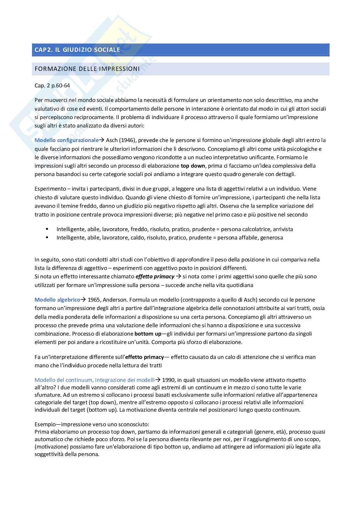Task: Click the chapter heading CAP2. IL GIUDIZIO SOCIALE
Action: pyautogui.click(x=77, y=50)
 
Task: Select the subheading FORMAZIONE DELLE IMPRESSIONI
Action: pyautogui.click(x=87, y=69)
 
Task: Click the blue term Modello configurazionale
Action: pyautogui.click(x=66, y=140)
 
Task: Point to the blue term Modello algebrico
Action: pyautogui.click(x=57, y=300)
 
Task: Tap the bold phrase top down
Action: pyautogui.click(x=193, y=166)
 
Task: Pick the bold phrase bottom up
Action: pyautogui.click(x=148, y=333)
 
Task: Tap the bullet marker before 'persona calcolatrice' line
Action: pyautogui.click(x=47, y=229)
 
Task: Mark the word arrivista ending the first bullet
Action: pyautogui.click(x=283, y=229)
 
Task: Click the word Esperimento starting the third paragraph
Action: pyautogui.click(x=49, y=189)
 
